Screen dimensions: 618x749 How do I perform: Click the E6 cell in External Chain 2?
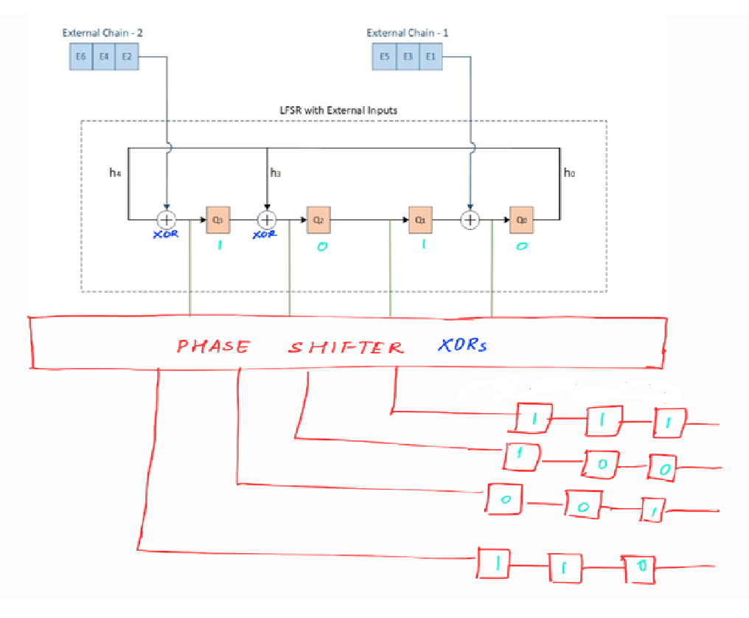pos(81,57)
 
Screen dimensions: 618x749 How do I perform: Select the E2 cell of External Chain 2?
pos(126,57)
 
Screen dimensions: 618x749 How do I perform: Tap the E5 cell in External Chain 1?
pos(384,57)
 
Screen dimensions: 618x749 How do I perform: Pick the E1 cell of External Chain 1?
pos(431,57)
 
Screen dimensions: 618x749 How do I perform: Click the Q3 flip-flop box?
pos(217,220)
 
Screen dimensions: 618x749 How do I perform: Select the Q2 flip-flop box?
pos(318,220)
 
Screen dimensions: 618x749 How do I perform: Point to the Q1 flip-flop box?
pos(420,220)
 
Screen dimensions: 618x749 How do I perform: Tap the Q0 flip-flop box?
pos(521,220)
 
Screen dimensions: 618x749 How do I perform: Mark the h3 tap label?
pos(276,173)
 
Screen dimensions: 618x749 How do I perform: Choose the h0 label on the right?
pos(569,173)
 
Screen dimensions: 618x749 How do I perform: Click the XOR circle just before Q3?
pos(167,220)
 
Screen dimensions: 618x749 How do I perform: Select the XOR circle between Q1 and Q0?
pos(470,220)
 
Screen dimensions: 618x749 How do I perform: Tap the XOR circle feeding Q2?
pos(266,220)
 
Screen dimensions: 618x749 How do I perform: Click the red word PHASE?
pos(213,346)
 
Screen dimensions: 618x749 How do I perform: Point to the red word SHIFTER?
pos(345,347)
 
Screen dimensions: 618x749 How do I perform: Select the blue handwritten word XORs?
pos(462,345)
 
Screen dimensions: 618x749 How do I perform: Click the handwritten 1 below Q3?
pos(219,246)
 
